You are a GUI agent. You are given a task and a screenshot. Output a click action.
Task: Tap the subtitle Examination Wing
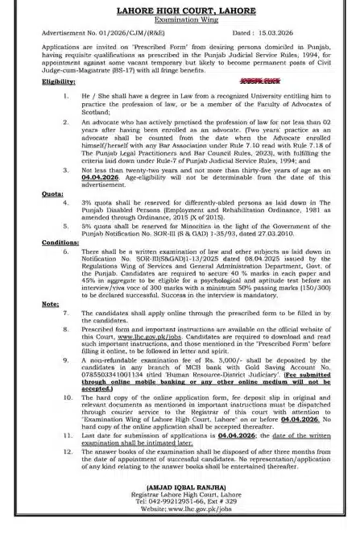coord(180,19)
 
